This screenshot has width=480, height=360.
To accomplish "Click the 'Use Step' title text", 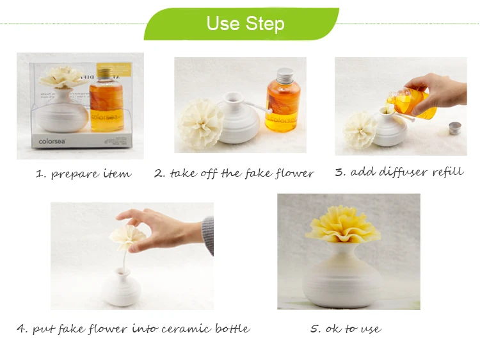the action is (246, 24).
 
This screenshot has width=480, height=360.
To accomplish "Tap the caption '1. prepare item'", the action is (83, 174).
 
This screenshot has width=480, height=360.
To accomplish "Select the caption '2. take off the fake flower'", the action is (234, 173).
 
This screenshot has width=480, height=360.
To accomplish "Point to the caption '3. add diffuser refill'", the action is (399, 172).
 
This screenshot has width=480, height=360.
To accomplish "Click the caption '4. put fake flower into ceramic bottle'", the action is (134, 329).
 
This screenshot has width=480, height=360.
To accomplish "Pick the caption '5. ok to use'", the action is (346, 329).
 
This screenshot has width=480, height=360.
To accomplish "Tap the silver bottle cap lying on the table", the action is (455, 127).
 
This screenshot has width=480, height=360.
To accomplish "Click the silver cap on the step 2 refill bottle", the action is (285, 75).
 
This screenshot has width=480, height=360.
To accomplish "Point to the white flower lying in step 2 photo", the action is (200, 124).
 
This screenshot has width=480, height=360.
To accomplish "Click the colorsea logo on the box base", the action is (52, 142).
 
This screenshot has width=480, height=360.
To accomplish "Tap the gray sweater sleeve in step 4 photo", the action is (207, 235).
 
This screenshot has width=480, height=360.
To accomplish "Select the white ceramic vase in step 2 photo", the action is (238, 119).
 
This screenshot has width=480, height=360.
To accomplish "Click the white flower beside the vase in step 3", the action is (360, 130).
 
